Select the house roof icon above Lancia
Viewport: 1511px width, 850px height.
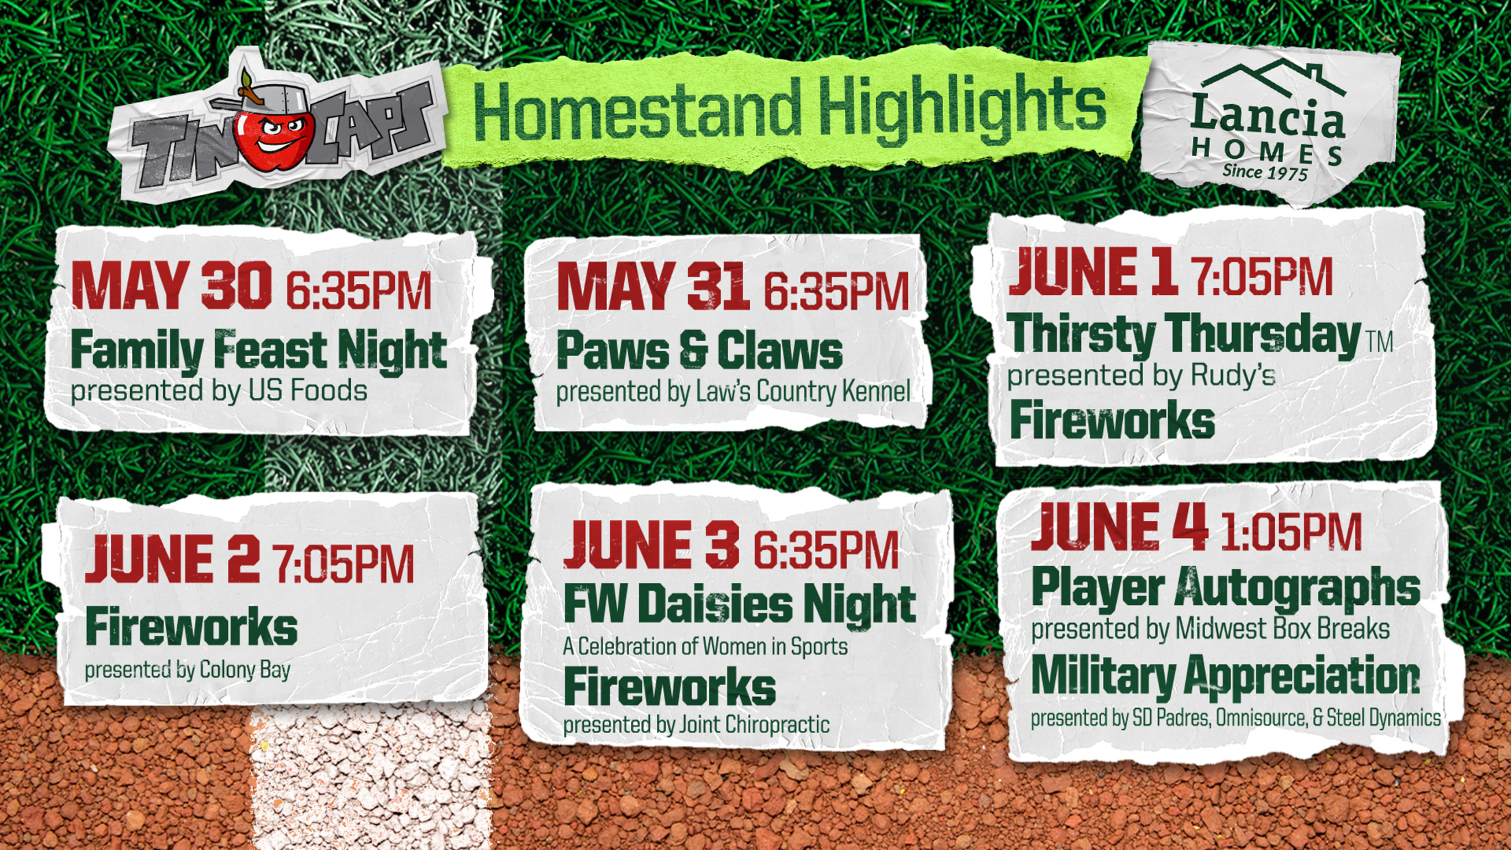tap(1273, 77)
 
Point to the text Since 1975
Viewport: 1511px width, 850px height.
tap(1265, 171)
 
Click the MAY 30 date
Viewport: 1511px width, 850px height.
tap(171, 286)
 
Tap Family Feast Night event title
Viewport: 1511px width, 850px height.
tap(259, 350)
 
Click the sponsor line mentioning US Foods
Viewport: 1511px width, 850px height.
tap(219, 391)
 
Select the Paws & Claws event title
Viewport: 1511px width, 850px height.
tap(699, 350)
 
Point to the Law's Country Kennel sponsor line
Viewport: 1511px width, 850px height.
tap(733, 392)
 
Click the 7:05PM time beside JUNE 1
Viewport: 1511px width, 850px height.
tap(1261, 276)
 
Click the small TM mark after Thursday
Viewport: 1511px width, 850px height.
tap(1380, 341)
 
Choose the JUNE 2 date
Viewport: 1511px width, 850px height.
tap(172, 559)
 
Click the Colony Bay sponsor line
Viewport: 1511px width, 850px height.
tap(188, 670)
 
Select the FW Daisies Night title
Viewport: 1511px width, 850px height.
tap(740, 604)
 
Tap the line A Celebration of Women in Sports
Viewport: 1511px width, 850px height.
tap(705, 647)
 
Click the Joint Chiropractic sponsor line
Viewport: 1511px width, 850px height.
tap(696, 725)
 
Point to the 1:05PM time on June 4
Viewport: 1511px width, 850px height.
tap(1291, 532)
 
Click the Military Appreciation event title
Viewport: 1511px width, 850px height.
tap(1226, 678)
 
